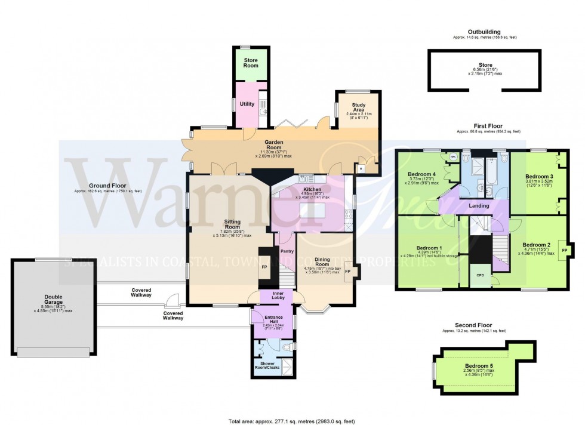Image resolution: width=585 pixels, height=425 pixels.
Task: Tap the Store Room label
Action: pos(250,62)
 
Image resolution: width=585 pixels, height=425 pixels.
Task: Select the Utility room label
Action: pos(247,104)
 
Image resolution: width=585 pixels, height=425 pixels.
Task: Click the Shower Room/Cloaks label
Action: pos(269,365)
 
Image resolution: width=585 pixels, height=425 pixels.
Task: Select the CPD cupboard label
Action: pos(480,275)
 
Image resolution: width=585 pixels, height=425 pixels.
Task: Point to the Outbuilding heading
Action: pos(484,32)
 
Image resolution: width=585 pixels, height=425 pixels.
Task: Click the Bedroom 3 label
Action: pos(540,177)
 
